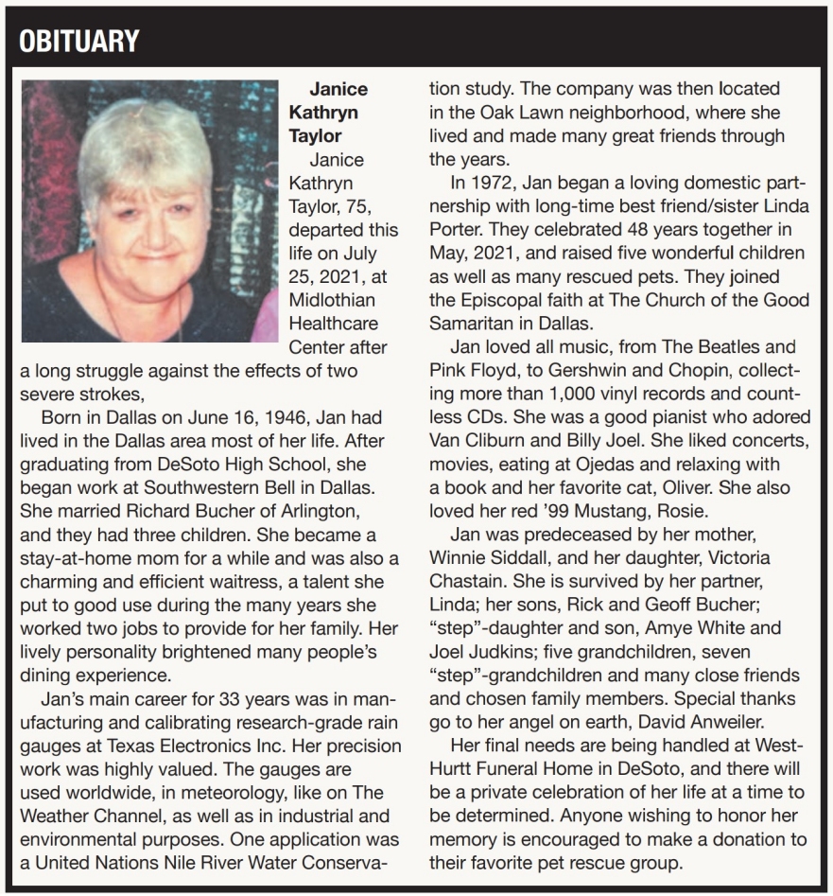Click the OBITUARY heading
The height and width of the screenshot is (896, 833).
point(79,41)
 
